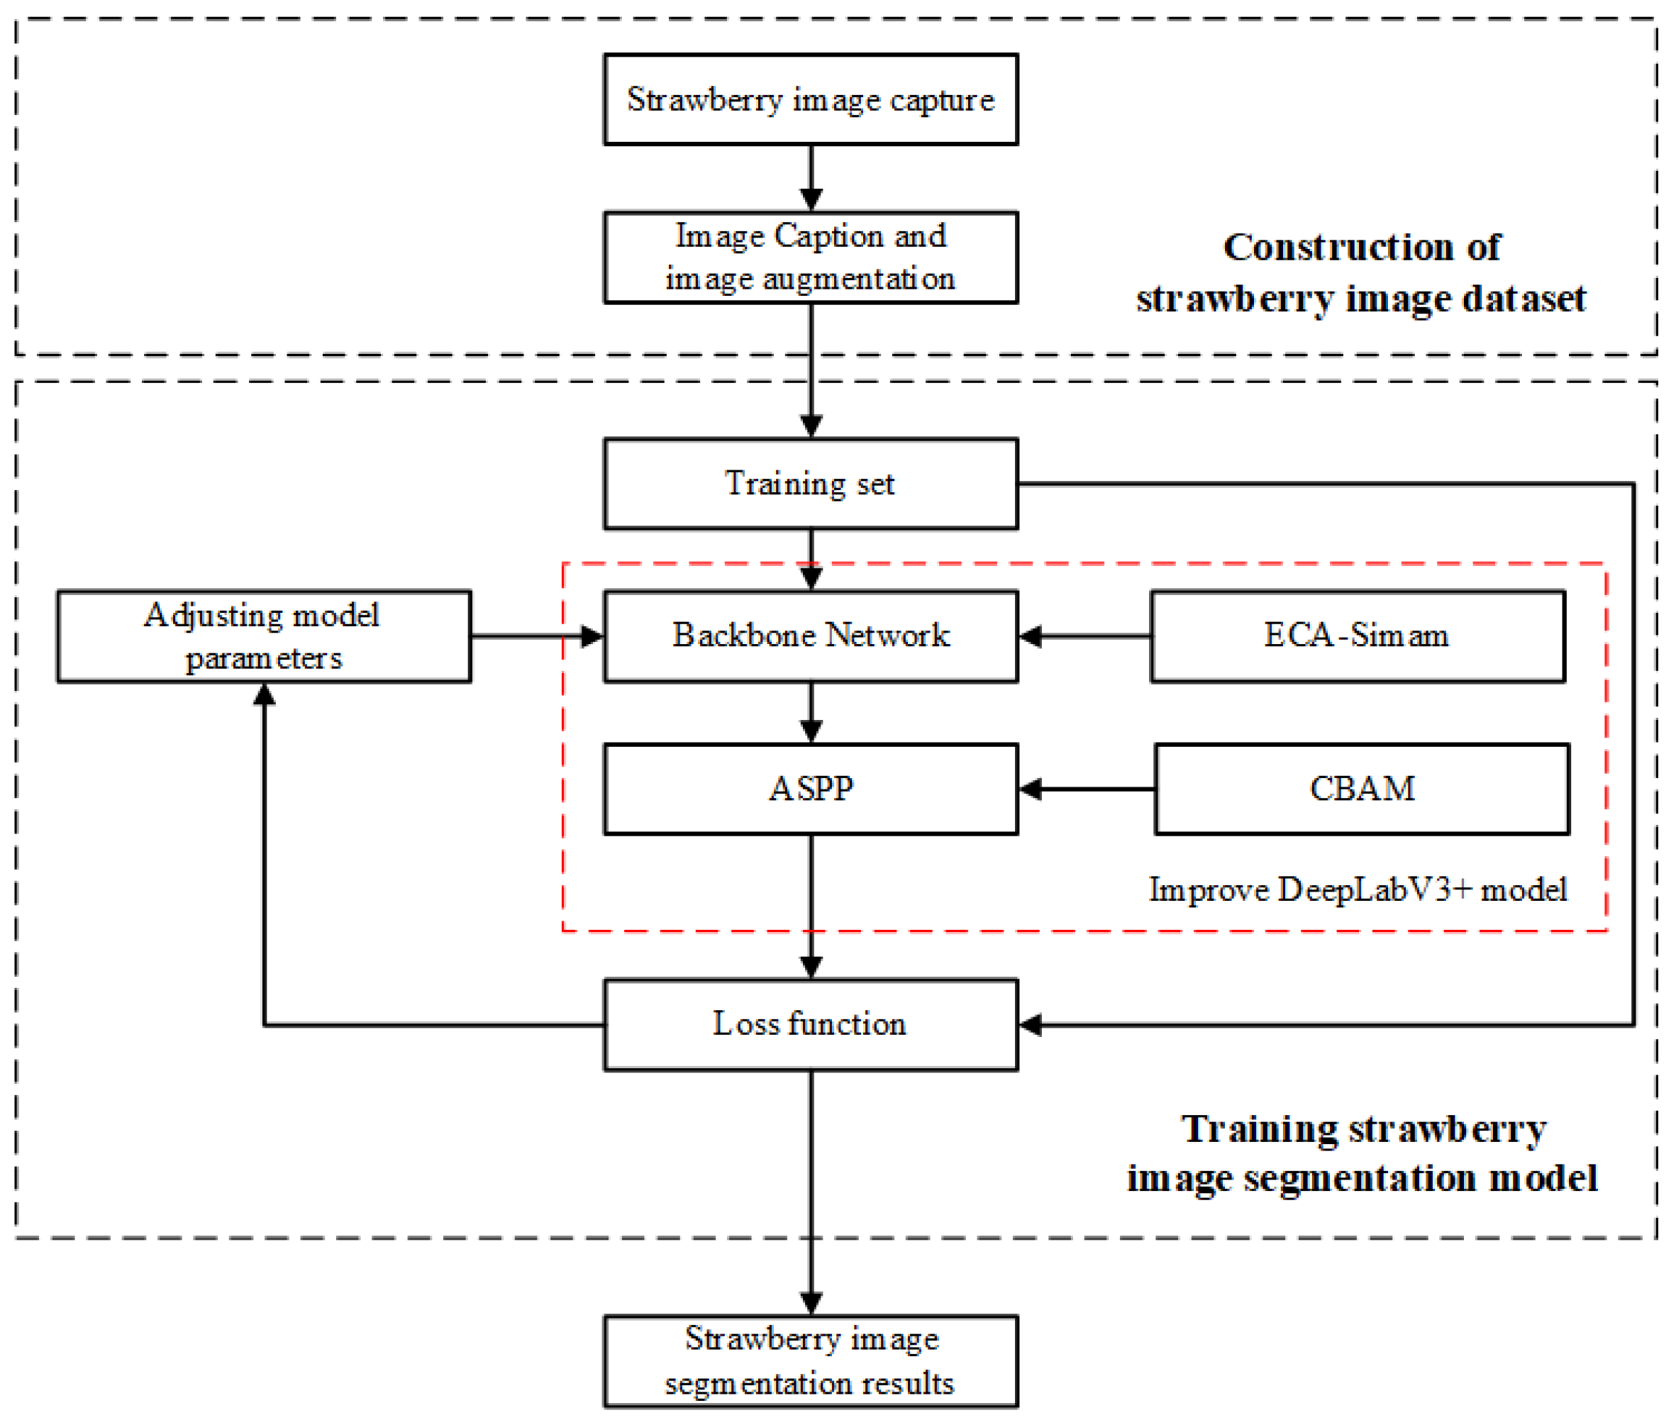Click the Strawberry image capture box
click(x=810, y=99)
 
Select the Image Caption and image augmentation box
click(x=810, y=257)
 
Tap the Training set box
click(x=810, y=483)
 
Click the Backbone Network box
click(x=810, y=636)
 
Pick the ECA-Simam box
click(x=1356, y=636)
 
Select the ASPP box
click(x=810, y=789)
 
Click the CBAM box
click(x=1361, y=789)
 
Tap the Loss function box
click(x=810, y=1024)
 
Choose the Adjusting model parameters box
click(x=263, y=636)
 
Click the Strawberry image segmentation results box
click(x=810, y=1361)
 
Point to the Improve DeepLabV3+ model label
click(x=1357, y=889)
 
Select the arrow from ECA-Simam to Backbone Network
click(x=1084, y=636)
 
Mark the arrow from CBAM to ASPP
click(x=1087, y=789)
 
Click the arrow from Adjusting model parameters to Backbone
click(x=537, y=636)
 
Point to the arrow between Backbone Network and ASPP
click(x=811, y=712)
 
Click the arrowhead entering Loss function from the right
click(x=1031, y=1025)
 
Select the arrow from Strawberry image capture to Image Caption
click(x=811, y=178)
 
